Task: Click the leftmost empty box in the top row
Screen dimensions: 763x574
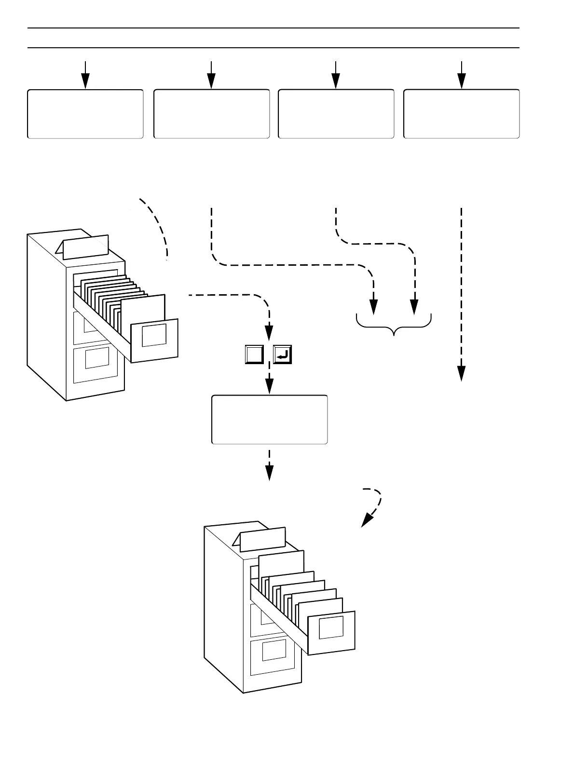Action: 85,114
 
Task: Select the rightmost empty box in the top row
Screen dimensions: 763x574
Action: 461,114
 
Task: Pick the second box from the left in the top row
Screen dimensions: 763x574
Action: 211,114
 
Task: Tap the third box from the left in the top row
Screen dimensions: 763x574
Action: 336,114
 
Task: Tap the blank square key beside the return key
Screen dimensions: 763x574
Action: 254,354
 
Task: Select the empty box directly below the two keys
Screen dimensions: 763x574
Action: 270,420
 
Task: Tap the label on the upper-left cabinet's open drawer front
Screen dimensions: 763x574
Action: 154,335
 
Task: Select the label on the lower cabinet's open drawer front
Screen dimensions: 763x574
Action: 331,627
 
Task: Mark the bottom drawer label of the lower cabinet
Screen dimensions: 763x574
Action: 274,650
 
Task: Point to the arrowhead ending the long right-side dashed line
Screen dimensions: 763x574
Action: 462,373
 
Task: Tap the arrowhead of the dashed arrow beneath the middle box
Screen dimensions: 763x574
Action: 270,473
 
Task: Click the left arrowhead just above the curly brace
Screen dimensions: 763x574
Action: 373,306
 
